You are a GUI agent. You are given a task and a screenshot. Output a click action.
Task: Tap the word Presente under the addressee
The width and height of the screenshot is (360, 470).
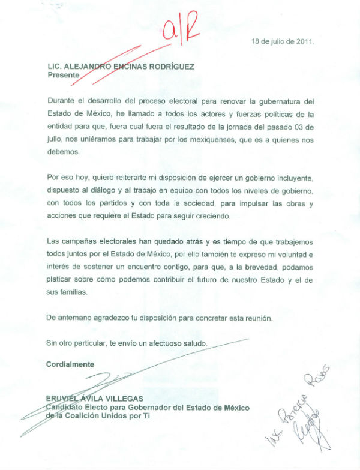(x=63, y=76)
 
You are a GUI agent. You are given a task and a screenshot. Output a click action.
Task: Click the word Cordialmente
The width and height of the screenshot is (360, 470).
(x=70, y=364)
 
